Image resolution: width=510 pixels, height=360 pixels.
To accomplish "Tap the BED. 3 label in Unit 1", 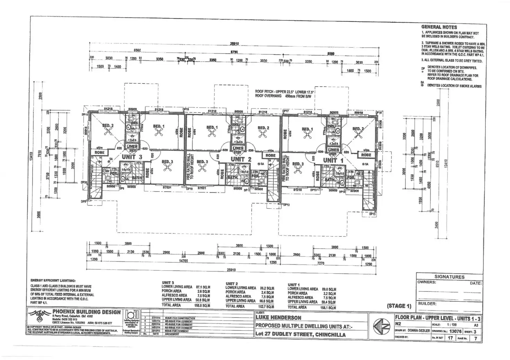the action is [298, 164].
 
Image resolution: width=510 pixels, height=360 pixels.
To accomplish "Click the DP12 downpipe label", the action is [286, 205].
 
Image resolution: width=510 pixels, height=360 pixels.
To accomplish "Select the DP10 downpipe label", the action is [189, 189].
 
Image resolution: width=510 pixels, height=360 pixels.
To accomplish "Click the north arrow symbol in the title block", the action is [379, 326].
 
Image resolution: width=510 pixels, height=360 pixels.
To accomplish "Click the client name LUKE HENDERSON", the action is [278, 317].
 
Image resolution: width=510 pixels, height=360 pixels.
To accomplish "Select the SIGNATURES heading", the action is [449, 277].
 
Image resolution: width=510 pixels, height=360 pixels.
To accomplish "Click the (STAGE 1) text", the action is [399, 306].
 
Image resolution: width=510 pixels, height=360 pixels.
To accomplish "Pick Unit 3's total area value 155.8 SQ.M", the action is [203, 305].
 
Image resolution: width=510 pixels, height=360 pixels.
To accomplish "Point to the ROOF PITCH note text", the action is [281, 92].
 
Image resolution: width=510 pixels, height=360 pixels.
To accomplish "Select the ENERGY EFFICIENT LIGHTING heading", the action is [53, 280].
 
